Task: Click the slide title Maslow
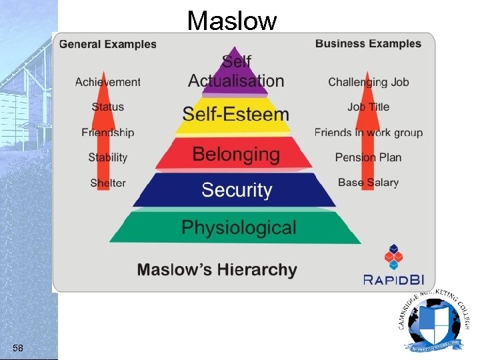click(231, 21)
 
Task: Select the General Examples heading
click(108, 45)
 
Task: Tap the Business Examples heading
click(368, 44)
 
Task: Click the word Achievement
click(108, 82)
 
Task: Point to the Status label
click(108, 107)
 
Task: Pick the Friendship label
click(108, 132)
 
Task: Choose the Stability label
click(108, 157)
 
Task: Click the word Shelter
click(108, 183)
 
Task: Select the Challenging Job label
click(368, 82)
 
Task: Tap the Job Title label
click(368, 107)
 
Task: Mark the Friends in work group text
click(368, 133)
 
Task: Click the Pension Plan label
click(368, 157)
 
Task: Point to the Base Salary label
click(368, 182)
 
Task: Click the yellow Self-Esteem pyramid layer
click(236, 114)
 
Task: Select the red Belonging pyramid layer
click(236, 154)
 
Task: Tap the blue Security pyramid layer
click(236, 190)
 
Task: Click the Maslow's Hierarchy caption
click(217, 270)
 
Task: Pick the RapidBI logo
click(394, 267)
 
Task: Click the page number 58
click(18, 347)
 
